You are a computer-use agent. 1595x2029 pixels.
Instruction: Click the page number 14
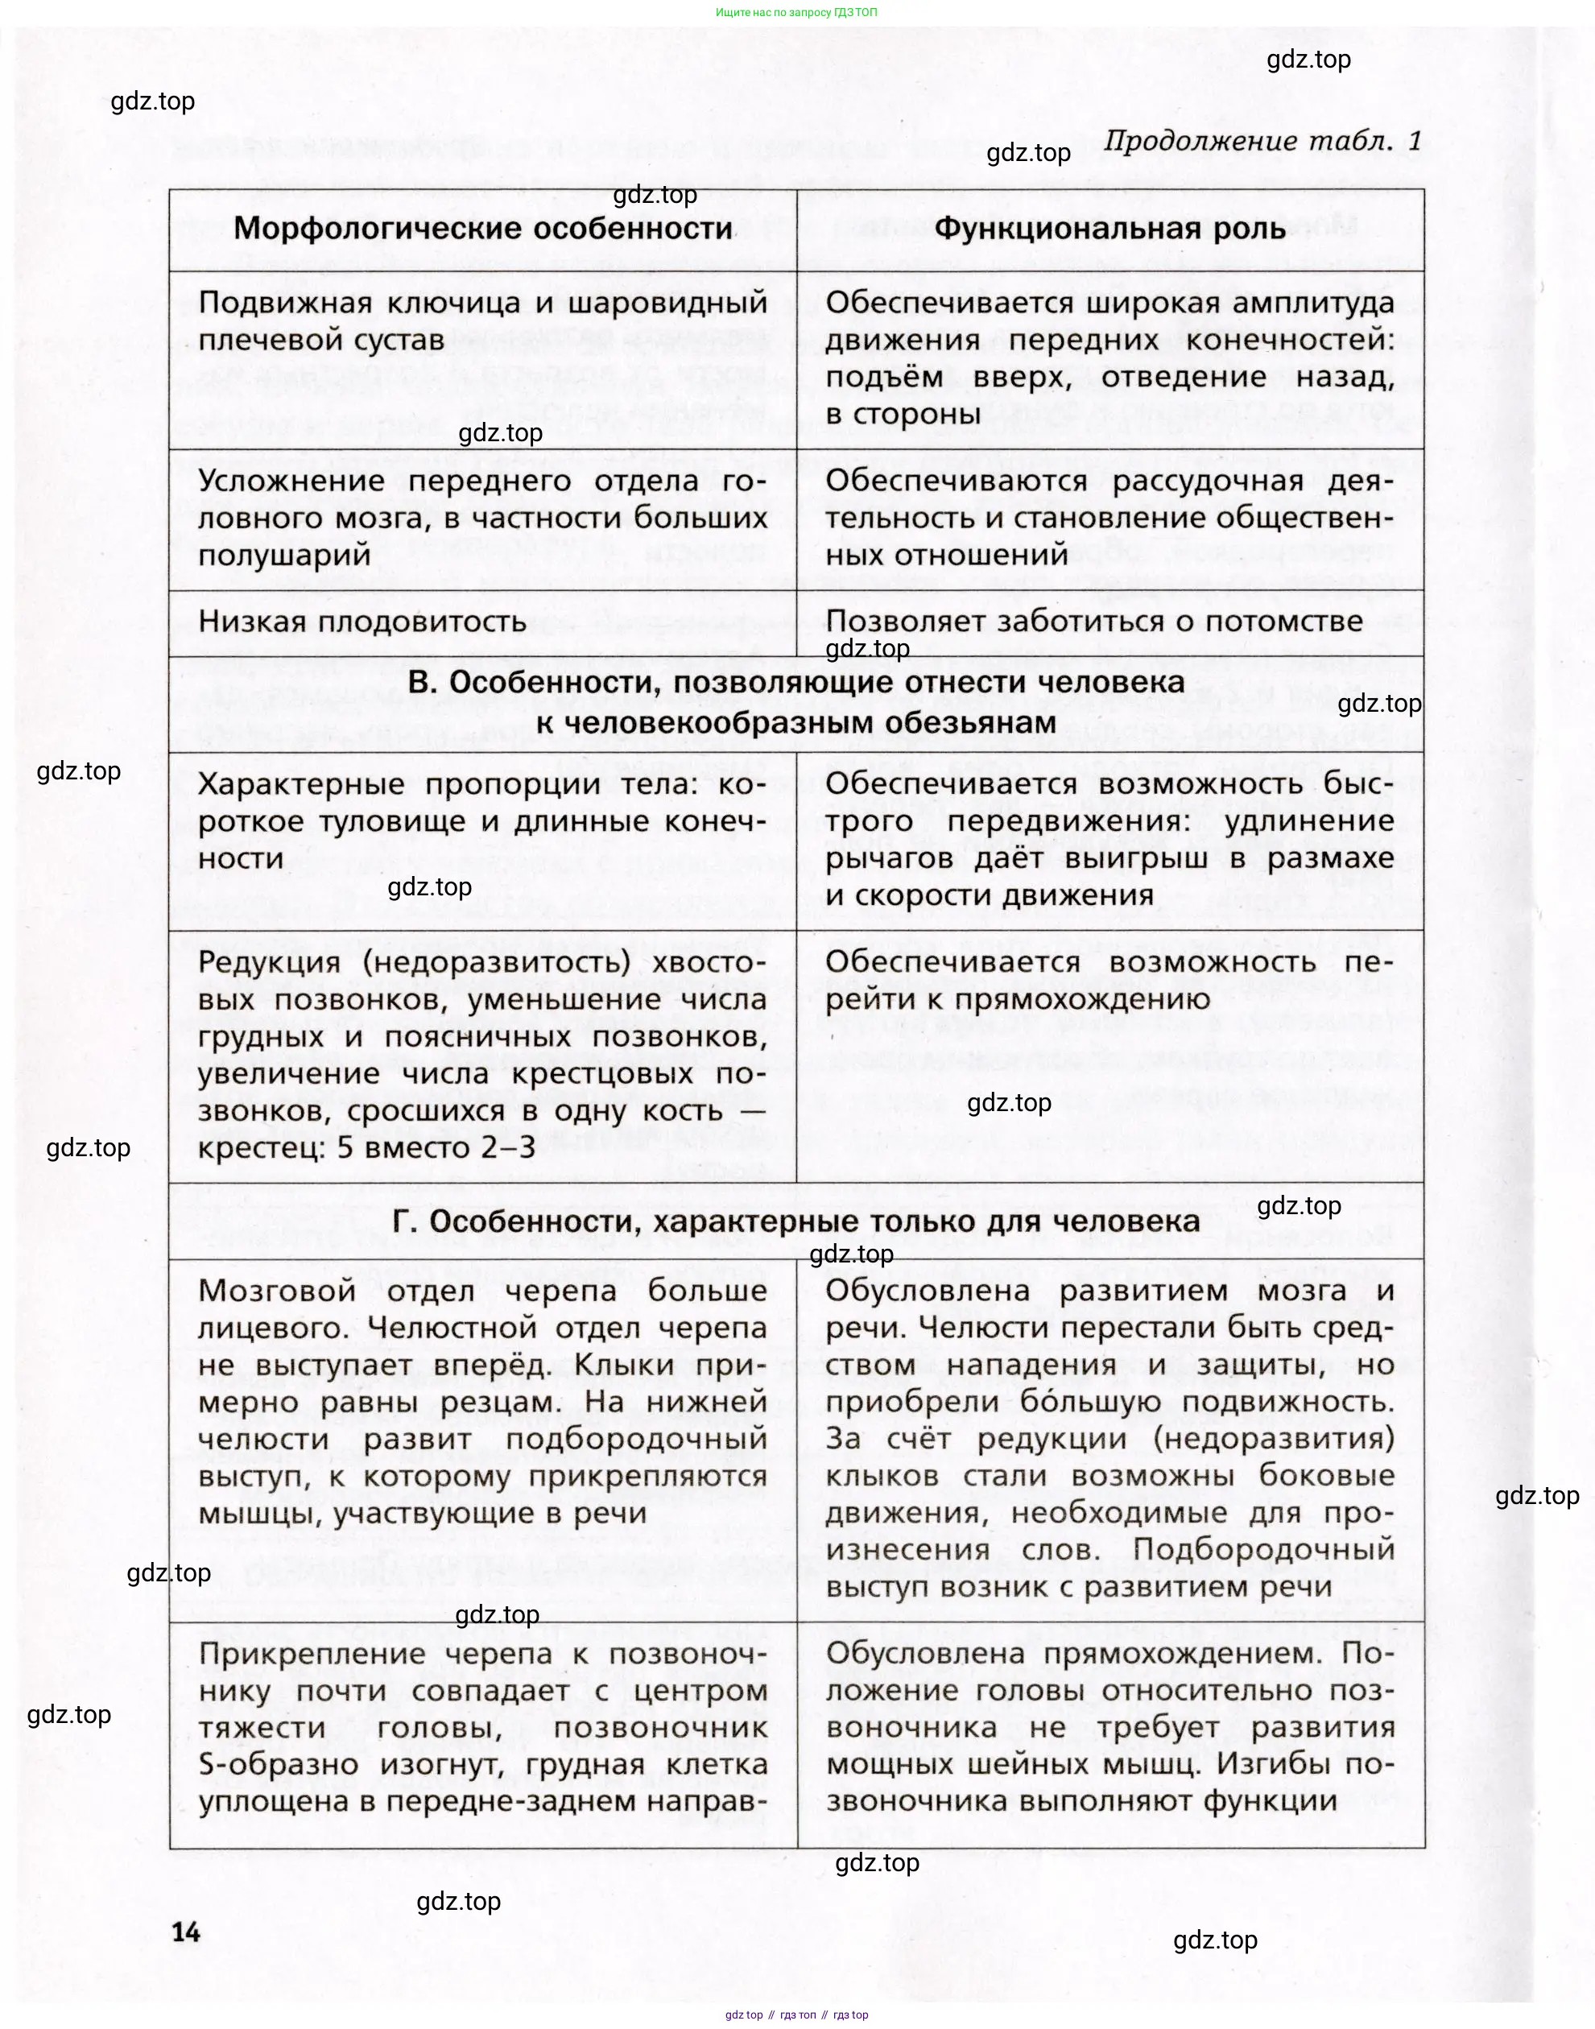tap(186, 1931)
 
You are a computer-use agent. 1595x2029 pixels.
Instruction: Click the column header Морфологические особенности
tap(483, 229)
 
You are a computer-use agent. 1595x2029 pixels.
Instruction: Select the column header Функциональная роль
tap(1109, 229)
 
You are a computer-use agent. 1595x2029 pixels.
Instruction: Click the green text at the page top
tap(796, 12)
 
